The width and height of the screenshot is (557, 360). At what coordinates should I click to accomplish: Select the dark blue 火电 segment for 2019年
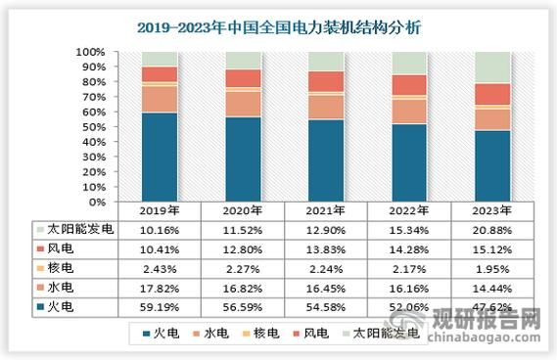click(x=159, y=157)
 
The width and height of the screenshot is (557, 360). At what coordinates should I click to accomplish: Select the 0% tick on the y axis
click(x=99, y=202)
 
